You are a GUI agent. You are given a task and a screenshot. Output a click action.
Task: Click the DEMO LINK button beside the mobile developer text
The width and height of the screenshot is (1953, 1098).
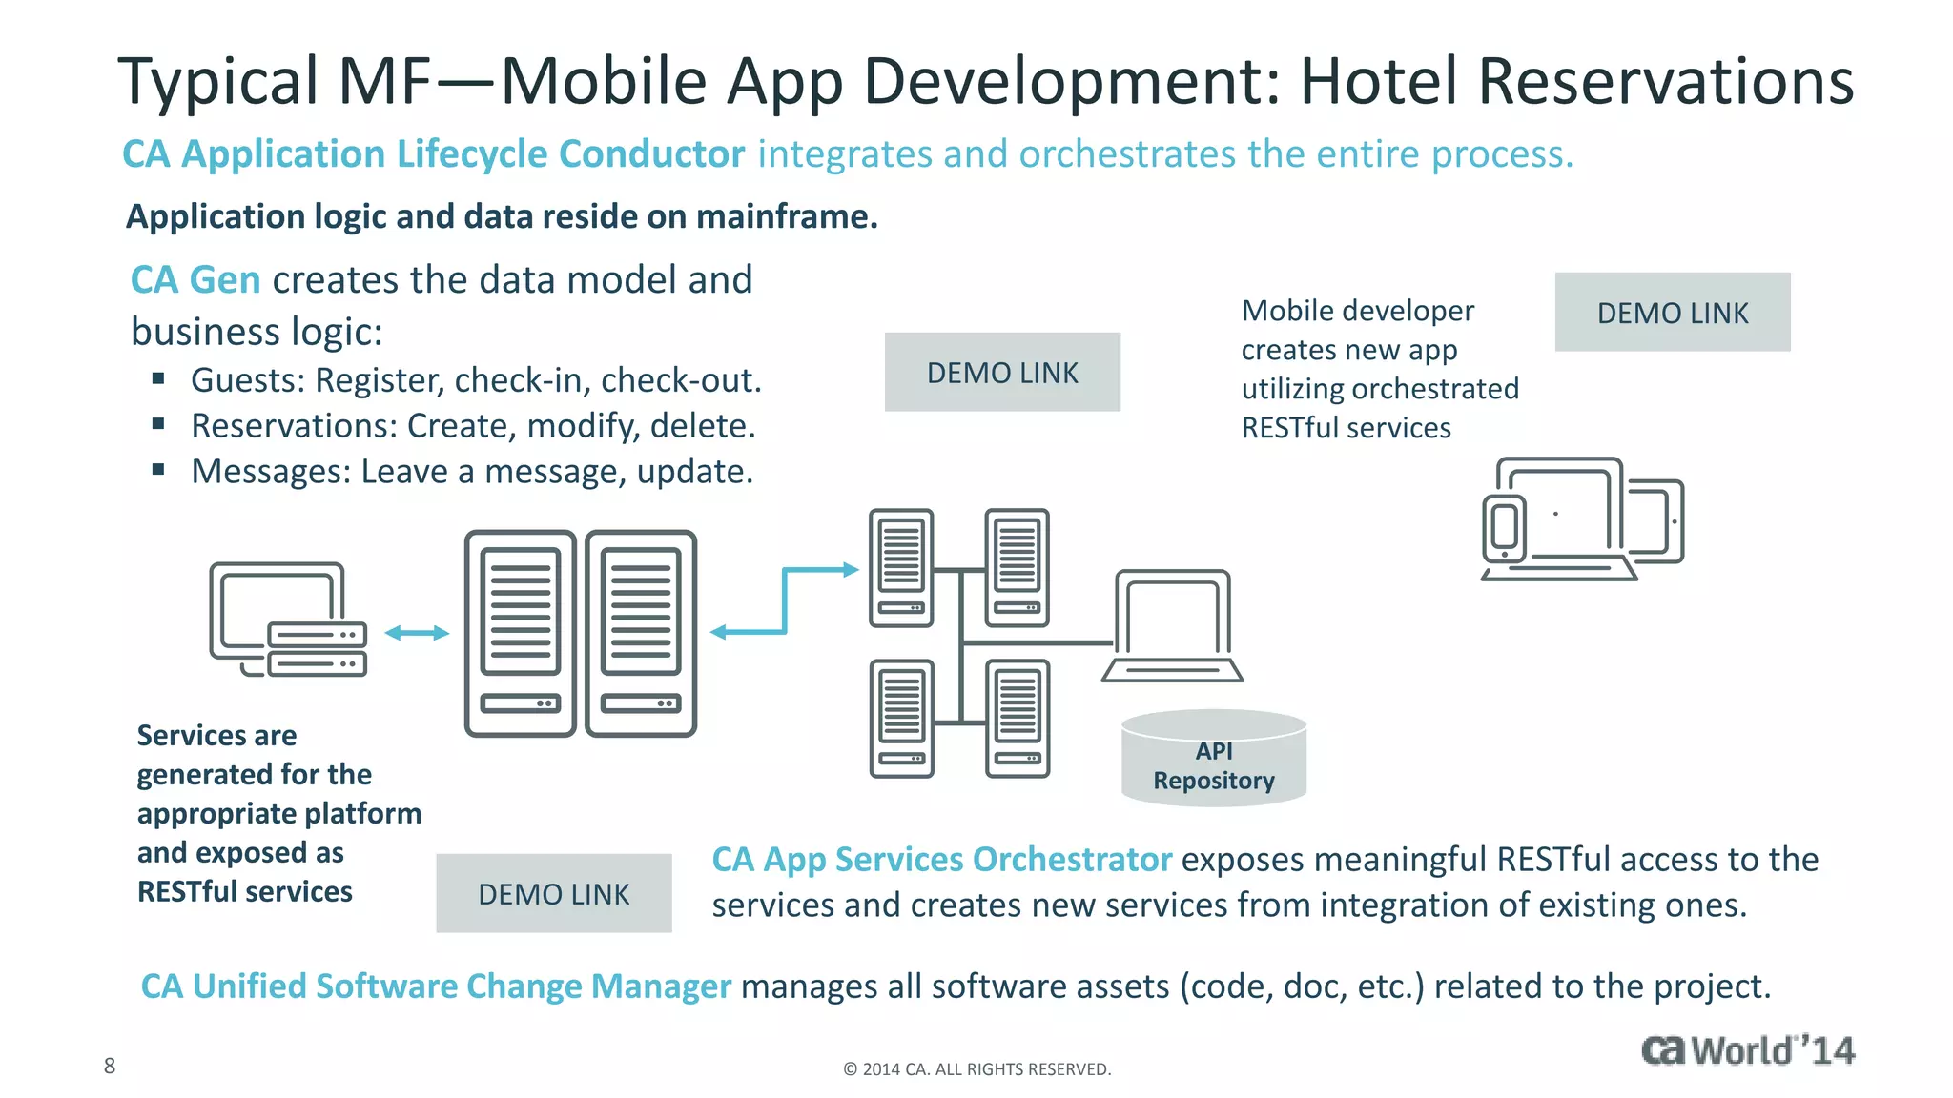click(x=1672, y=313)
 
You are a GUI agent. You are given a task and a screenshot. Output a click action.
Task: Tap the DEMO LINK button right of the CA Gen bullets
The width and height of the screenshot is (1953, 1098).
click(x=1001, y=373)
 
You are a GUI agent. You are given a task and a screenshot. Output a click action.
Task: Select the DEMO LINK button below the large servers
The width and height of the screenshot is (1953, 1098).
click(x=553, y=894)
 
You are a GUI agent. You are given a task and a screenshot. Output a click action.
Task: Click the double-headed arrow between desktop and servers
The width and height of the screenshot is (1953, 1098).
click(x=417, y=633)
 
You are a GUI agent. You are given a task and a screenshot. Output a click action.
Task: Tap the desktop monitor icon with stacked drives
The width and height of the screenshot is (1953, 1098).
click(x=286, y=618)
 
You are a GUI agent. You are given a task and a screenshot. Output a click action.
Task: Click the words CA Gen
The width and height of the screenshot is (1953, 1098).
click(x=195, y=280)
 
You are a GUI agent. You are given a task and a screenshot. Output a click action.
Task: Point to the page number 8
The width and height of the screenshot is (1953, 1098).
click(x=110, y=1066)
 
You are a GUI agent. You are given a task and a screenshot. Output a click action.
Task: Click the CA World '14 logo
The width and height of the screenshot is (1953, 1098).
click(x=1747, y=1050)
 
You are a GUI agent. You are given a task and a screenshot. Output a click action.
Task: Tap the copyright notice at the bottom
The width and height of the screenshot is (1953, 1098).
click(x=976, y=1069)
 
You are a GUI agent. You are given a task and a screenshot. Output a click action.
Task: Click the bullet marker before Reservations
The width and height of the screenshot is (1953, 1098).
click(x=158, y=424)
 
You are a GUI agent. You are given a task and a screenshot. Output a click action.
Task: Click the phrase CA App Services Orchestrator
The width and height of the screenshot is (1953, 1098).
click(x=941, y=860)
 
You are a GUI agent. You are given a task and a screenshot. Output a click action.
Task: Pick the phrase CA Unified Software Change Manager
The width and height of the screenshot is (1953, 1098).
click(x=436, y=986)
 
